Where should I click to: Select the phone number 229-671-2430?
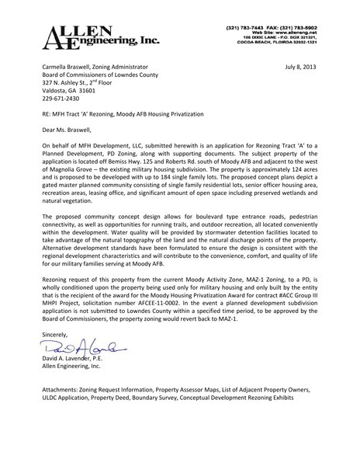click(61, 98)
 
